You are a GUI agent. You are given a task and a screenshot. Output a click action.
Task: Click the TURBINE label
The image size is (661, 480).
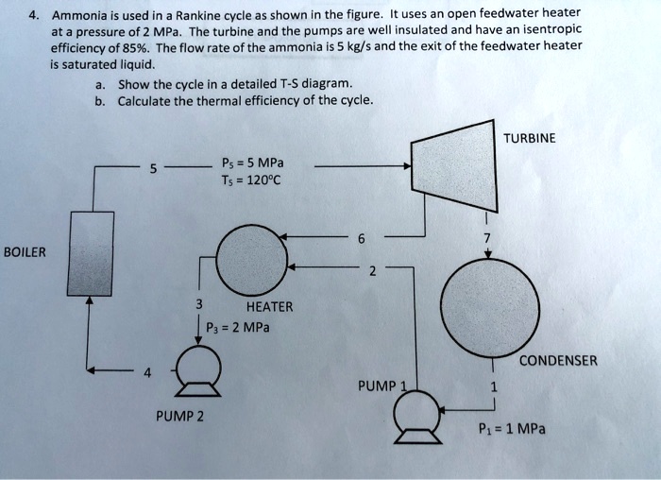click(530, 138)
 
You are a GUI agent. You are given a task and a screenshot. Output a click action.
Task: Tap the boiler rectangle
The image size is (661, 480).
click(91, 252)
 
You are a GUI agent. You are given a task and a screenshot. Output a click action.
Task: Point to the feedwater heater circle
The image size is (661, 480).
click(251, 259)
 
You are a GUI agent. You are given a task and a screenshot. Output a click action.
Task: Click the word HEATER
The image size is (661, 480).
click(269, 306)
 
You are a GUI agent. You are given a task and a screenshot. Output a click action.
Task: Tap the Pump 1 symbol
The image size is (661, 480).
click(416, 413)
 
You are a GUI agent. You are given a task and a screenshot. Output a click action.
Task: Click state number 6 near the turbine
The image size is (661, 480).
click(361, 239)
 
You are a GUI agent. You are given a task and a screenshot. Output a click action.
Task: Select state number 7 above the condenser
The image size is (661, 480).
click(487, 239)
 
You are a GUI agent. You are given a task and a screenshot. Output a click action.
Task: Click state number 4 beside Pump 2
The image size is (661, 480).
click(147, 372)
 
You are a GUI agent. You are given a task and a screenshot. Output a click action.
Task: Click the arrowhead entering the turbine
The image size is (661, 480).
click(407, 166)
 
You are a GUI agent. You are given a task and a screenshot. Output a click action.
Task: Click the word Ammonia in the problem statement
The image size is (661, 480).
click(80, 15)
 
